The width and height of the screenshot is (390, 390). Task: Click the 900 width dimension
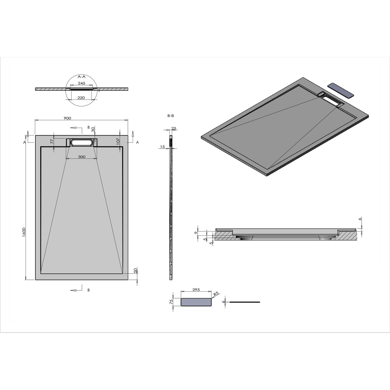[67, 118]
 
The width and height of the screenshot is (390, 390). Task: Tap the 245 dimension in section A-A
[82, 83]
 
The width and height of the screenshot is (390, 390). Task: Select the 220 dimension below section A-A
[81, 98]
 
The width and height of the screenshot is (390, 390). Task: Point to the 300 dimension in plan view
[82, 157]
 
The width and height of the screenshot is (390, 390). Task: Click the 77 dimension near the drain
[52, 141]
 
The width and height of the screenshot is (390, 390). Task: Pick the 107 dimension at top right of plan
[118, 141]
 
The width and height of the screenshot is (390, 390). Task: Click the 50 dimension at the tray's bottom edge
[135, 270]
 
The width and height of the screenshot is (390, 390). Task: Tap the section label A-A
[82, 77]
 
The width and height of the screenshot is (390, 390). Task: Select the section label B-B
[171, 116]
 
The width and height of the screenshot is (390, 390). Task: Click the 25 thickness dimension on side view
[174, 128]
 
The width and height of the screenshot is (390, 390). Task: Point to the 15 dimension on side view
[162, 147]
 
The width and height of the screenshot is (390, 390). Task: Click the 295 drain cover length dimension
[196, 290]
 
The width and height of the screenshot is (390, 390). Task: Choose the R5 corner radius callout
[216, 294]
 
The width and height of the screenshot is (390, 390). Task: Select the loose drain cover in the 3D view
[340, 90]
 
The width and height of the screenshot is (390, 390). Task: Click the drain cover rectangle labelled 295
[196, 302]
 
